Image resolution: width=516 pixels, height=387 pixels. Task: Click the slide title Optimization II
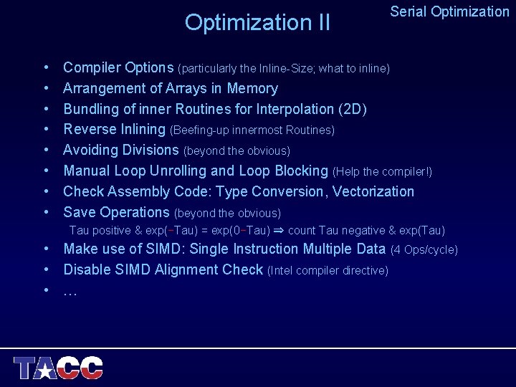[x=257, y=23]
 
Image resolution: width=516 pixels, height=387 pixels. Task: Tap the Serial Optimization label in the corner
[x=449, y=11]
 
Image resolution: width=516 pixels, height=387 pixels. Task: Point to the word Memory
[x=252, y=89]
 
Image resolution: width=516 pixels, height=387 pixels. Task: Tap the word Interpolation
[x=276, y=110]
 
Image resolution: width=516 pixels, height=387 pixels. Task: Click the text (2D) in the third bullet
[x=352, y=110]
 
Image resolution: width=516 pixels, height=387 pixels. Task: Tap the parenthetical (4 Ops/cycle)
[x=424, y=250]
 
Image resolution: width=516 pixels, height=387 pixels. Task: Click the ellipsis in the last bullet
[x=70, y=291]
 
